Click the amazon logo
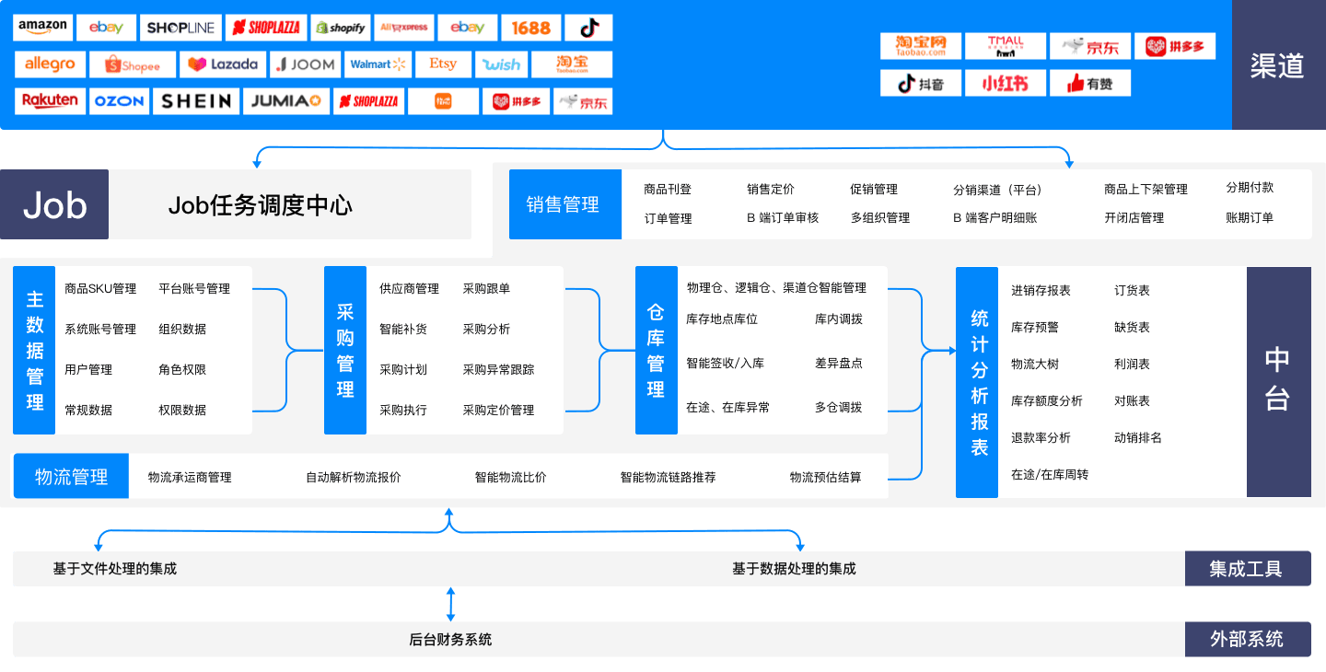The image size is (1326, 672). (42, 28)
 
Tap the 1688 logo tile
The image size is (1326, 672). (530, 28)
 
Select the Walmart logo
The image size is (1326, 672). (378, 64)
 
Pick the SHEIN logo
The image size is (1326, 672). (196, 101)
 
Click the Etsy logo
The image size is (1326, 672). (442, 64)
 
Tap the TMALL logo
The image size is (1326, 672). (1005, 46)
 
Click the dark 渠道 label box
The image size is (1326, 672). (1277, 64)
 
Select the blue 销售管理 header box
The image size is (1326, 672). (564, 204)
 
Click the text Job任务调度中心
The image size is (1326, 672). (261, 205)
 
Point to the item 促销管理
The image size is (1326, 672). (874, 190)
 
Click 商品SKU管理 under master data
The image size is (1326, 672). (100, 289)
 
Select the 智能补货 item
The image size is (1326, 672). (403, 330)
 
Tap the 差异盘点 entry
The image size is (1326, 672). (839, 363)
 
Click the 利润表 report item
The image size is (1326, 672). (1132, 365)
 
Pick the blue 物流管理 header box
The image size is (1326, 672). (71, 477)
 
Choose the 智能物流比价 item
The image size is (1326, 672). (510, 478)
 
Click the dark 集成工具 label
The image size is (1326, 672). (1247, 569)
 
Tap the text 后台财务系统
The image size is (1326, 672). (450, 640)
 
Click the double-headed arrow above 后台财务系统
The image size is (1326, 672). (450, 605)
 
